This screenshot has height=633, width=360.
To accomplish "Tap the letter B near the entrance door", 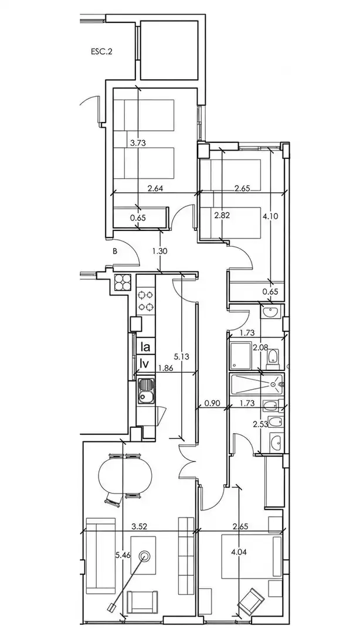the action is tap(115, 251).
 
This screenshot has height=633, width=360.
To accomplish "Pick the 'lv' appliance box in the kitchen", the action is tap(145, 363).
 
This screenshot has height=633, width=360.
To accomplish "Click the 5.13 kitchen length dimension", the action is tap(181, 356).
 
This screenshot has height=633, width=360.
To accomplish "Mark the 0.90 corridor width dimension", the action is tap(212, 403).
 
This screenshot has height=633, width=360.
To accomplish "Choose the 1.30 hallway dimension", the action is tap(160, 251).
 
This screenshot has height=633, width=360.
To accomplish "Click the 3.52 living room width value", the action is tap(139, 526).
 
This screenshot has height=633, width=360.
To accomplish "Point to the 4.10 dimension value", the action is tap(270, 216).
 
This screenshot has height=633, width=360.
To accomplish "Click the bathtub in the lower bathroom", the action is tap(257, 384).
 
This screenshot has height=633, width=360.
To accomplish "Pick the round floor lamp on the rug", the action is tap(144, 556).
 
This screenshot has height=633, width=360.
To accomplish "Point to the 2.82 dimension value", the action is tap(222, 216).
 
